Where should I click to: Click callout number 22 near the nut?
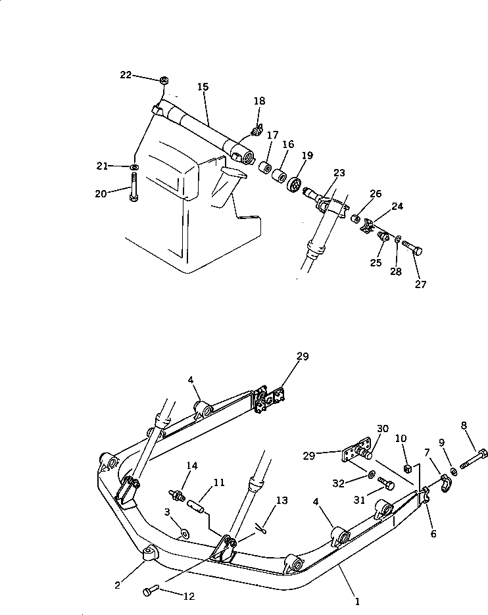coord(126,75)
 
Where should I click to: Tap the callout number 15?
coord(202,87)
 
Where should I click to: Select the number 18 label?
coord(260,101)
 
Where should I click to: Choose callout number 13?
coord(281,501)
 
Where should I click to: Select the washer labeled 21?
coord(134,167)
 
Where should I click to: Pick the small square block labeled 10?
coord(408,468)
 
